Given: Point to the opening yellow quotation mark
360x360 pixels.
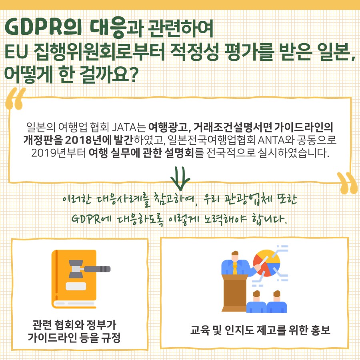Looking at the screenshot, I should click(x=17, y=99).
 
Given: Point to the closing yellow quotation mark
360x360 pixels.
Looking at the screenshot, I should click(x=346, y=183).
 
